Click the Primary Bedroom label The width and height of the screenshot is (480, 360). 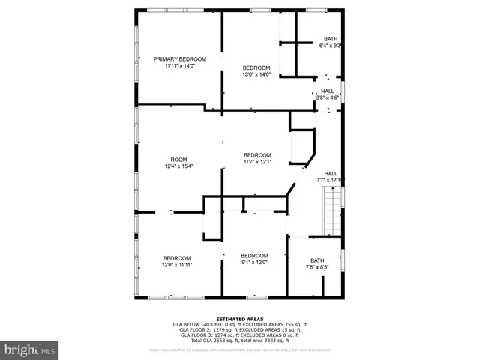(179, 58)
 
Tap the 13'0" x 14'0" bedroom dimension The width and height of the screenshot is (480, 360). (256, 74)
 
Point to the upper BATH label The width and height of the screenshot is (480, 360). (331, 39)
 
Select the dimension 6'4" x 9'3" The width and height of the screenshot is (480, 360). (331, 46)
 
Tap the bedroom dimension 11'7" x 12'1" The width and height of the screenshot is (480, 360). (256, 162)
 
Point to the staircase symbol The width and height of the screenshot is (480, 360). (331, 212)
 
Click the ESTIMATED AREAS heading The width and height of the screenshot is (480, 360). (239, 319)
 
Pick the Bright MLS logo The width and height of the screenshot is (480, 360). (30, 349)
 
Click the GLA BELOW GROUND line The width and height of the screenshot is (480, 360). (239, 324)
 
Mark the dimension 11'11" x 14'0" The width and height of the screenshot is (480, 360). (179, 65)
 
